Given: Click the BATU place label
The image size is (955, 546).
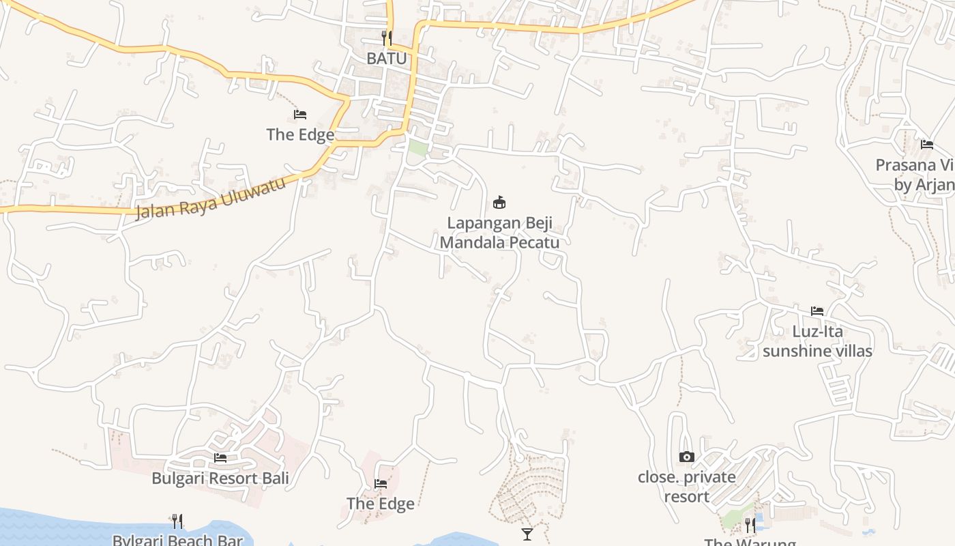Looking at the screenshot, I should pos(386,59).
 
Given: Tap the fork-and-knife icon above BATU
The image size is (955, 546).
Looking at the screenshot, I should pos(386,38).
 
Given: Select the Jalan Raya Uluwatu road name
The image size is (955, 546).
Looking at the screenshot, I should pos(210,199).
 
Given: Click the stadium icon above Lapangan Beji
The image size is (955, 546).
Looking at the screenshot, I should pos(499,202).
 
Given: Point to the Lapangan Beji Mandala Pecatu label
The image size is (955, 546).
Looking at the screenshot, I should pos(499,233).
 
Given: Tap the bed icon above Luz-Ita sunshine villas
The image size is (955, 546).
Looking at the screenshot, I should pos(817,311).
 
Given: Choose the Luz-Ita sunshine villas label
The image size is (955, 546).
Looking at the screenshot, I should pos(817,341).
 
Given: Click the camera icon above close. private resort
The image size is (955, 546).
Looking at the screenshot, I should pos(687,457).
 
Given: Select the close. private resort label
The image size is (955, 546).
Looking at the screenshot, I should pos(687,487).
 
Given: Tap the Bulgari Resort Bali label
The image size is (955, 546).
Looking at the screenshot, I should pos(220,478).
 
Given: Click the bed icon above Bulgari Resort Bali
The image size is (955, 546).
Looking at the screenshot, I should pos(220,457).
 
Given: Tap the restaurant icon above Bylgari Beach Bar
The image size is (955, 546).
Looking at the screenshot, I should pos(177,521).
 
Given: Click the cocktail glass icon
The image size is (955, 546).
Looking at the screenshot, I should pos(527,534).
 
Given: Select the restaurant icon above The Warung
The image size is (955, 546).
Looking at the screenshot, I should pos(750,525).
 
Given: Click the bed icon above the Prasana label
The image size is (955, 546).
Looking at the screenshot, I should pos(926,145).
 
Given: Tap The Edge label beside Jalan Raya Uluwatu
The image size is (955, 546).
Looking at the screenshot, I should pos(300,134).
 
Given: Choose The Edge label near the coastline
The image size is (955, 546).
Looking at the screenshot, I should pos(380,504).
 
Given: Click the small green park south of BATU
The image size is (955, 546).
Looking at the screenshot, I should pos(417,147).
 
